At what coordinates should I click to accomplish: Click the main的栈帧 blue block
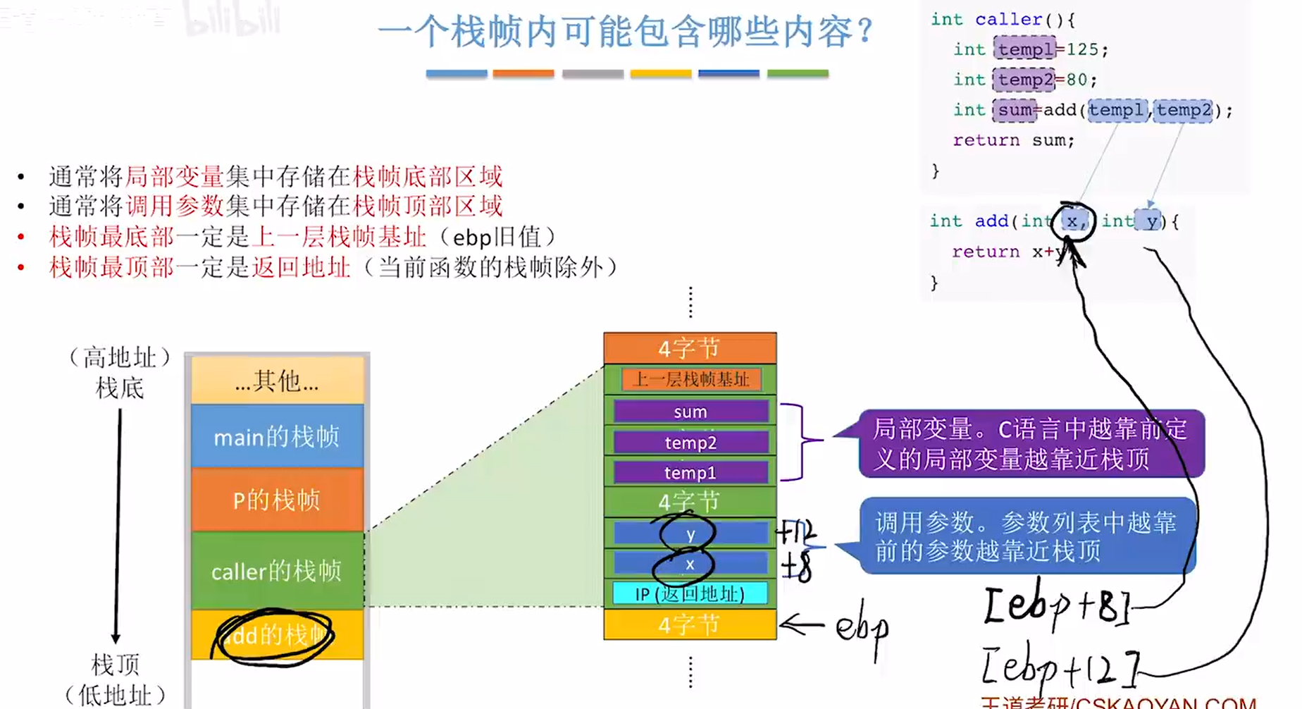coord(277,436)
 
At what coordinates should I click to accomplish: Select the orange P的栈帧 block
coord(277,500)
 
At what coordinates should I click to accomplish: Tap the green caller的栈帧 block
coord(277,570)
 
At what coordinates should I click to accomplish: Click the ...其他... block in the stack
coord(277,381)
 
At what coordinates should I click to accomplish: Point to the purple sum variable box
coord(690,412)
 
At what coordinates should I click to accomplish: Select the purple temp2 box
coord(690,443)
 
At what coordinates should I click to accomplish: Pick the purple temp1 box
coord(690,472)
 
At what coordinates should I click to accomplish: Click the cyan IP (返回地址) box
coord(690,593)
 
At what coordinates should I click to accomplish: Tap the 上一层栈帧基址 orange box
coord(691,379)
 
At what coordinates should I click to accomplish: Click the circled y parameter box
coord(690,534)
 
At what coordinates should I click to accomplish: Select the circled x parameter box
coord(690,564)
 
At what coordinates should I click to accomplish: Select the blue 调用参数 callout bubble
coord(1027,536)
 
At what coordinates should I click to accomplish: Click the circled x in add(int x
coord(1072,221)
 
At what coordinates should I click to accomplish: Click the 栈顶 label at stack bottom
coord(116,664)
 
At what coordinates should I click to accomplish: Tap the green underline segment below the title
coord(797,73)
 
